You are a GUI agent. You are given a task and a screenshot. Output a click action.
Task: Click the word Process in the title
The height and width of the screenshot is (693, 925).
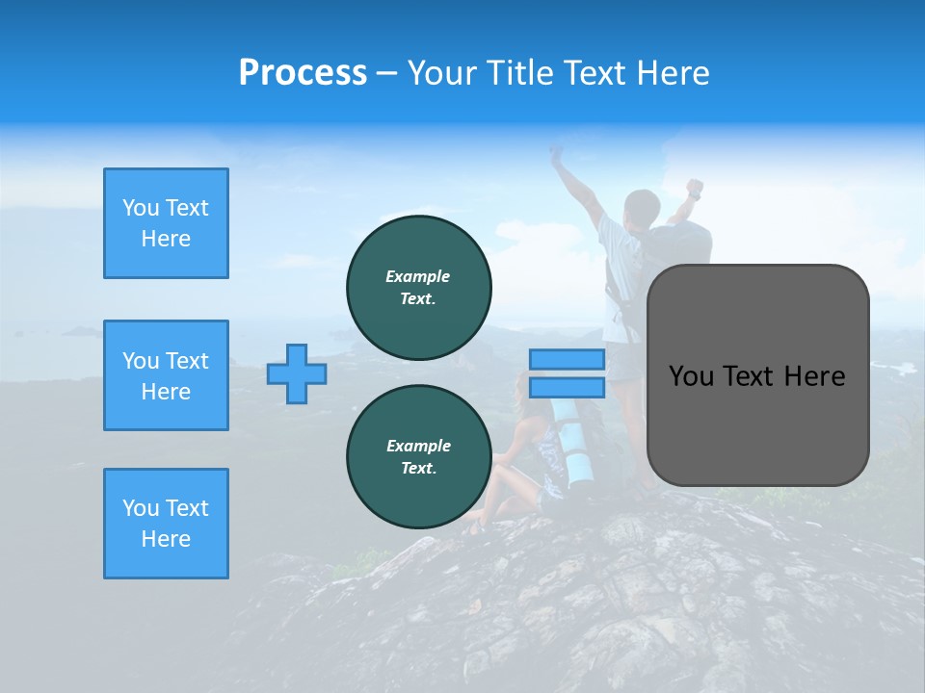[303, 73]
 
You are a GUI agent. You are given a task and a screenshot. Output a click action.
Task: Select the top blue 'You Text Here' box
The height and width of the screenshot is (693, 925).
[166, 223]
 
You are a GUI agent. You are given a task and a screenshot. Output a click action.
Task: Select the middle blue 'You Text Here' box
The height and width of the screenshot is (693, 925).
[166, 375]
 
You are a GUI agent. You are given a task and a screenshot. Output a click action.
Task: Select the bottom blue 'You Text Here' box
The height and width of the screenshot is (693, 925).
[166, 524]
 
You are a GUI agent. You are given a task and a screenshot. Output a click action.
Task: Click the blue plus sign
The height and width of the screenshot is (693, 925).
[297, 373]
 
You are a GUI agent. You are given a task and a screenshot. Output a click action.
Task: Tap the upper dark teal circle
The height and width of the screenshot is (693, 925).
[419, 287]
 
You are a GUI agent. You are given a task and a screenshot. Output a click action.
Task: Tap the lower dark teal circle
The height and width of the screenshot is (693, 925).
[419, 456]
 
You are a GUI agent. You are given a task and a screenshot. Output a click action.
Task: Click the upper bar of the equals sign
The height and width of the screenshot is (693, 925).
[567, 359]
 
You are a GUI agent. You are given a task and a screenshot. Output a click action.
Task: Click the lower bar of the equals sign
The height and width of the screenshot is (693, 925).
[567, 387]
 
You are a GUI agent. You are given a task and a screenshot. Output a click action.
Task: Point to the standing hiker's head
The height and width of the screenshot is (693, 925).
[641, 207]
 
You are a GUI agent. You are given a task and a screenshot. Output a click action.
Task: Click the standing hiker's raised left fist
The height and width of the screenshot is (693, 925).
[694, 187]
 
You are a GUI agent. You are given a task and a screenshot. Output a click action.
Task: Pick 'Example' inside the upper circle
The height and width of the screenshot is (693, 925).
[417, 276]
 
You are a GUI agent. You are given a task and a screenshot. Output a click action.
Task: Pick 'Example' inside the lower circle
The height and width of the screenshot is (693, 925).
[418, 446]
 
